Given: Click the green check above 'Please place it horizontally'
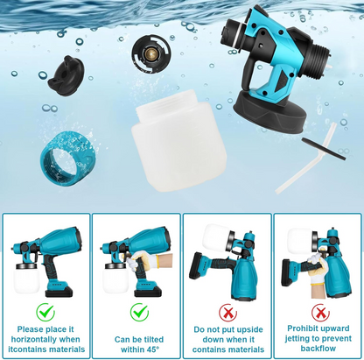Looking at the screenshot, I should pyautogui.click(x=45, y=311).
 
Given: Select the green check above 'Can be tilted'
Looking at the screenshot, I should pyautogui.click(x=139, y=311).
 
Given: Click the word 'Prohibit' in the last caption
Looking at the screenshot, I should pyautogui.click(x=299, y=328).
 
